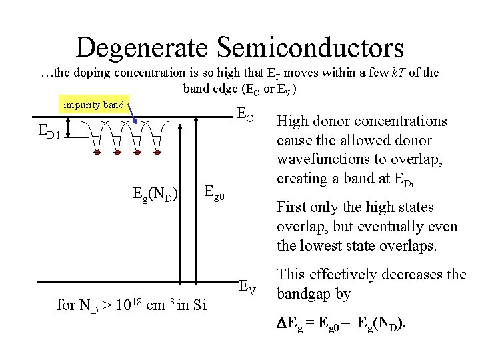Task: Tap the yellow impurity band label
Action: pyautogui.click(x=93, y=105)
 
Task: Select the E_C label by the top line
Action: pyautogui.click(x=245, y=117)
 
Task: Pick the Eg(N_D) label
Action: pyautogui.click(x=154, y=195)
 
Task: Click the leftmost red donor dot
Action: pyautogui.click(x=97, y=153)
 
